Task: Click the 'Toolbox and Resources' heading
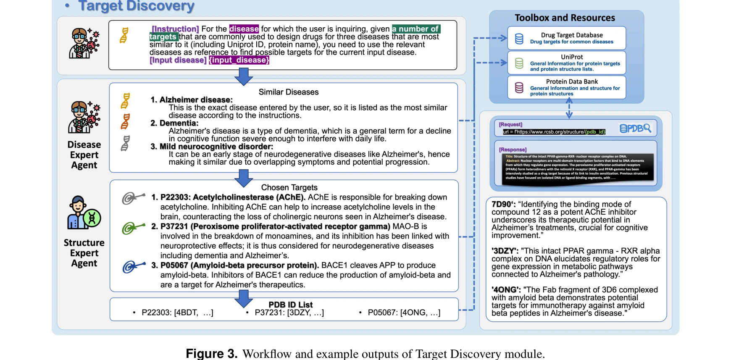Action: pyautogui.click(x=565, y=18)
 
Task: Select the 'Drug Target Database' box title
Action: pyautogui.click(x=571, y=35)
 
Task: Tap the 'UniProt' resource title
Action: pyautogui.click(x=572, y=57)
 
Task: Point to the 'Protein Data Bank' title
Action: pyautogui.click(x=572, y=81)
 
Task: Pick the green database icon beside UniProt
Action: pyautogui.click(x=519, y=63)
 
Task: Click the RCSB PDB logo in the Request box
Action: pyautogui.click(x=635, y=129)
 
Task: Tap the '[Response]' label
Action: pyautogui.click(x=513, y=150)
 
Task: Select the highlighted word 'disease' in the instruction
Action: pyautogui.click(x=244, y=29)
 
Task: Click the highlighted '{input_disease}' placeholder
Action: pyautogui.click(x=239, y=60)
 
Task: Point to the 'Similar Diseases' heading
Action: pyautogui.click(x=289, y=92)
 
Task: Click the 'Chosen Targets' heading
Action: pyautogui.click(x=289, y=187)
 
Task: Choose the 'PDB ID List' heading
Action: pyautogui.click(x=290, y=305)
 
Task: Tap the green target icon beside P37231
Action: pyautogui.click(x=133, y=228)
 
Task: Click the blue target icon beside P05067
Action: pyautogui.click(x=134, y=267)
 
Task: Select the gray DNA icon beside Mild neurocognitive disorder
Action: pyautogui.click(x=125, y=143)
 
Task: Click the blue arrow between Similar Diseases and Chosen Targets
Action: pyautogui.click(x=244, y=178)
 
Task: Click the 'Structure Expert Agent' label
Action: pyautogui.click(x=84, y=253)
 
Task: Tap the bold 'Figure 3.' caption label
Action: pyautogui.click(x=211, y=354)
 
